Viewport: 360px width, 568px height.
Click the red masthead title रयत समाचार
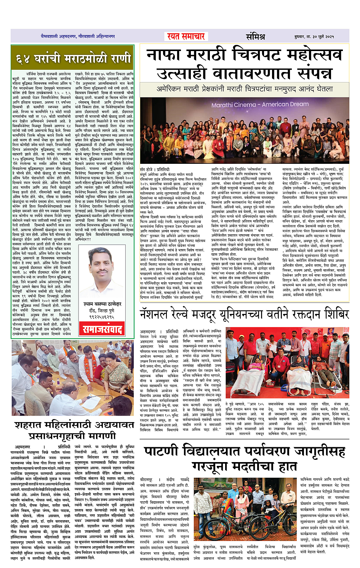coord(186,37)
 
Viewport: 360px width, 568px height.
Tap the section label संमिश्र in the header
coord(255,37)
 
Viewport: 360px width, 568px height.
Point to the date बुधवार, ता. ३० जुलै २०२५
coord(314,37)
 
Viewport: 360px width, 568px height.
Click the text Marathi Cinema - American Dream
coord(260,104)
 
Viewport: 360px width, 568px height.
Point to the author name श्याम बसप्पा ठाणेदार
coord(102,304)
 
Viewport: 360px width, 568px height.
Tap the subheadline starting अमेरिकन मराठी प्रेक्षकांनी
coord(245,89)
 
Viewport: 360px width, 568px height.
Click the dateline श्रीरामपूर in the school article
coord(146,479)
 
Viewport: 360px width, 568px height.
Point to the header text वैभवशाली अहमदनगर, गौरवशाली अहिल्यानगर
coord(78,36)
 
